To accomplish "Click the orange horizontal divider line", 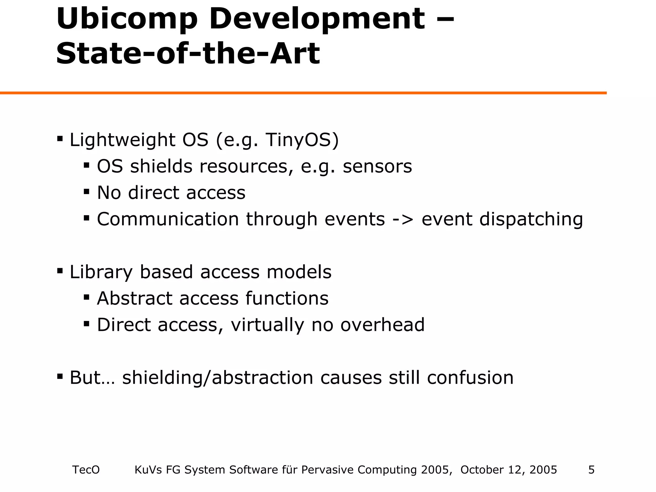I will [303, 93].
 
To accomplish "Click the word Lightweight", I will [122, 140].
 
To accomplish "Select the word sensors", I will [377, 167].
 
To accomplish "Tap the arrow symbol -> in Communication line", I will [403, 219].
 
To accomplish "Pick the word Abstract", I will [135, 299].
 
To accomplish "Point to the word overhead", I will [382, 325].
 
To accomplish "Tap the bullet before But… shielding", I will [60, 376].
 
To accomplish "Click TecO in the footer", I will [86, 470].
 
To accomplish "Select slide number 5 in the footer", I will [591, 470].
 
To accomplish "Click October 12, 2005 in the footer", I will [509, 470].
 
